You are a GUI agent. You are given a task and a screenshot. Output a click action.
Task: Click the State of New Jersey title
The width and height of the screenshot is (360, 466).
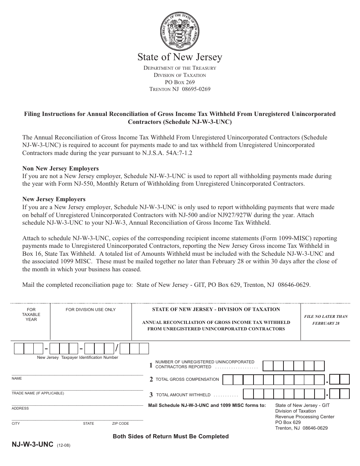(x=180, y=57)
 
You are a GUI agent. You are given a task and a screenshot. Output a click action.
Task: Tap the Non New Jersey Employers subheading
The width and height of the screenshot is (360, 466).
(x=61, y=169)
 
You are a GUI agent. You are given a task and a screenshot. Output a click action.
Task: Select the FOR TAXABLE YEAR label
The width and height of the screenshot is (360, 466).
(x=31, y=314)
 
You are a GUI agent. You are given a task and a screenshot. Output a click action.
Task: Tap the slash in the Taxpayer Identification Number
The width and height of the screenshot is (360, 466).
(x=117, y=348)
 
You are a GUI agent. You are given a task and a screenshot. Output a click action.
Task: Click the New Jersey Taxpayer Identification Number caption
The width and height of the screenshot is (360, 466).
(x=77, y=357)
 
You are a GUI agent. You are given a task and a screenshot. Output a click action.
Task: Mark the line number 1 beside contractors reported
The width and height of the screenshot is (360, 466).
(x=151, y=365)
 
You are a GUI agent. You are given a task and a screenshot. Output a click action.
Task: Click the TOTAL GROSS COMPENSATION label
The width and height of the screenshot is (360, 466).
(x=187, y=379)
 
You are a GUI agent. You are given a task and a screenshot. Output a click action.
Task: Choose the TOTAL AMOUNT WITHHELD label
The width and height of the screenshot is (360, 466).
(x=183, y=395)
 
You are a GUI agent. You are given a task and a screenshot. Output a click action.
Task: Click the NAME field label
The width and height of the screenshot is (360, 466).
(x=17, y=378)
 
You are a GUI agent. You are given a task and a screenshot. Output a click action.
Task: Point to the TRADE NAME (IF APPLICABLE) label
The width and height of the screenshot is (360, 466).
(x=38, y=393)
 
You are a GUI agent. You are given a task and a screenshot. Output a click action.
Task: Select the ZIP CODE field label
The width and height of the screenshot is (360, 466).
(x=121, y=424)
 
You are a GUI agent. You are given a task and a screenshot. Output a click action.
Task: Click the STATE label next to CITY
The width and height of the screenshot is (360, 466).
(x=89, y=424)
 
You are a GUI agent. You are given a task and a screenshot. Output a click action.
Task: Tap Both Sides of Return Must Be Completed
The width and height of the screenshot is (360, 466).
(x=171, y=436)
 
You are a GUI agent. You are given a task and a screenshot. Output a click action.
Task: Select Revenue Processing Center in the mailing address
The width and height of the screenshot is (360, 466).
(x=305, y=417)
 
